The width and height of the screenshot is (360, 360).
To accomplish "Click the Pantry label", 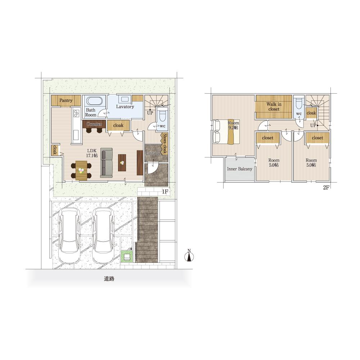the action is tap(66, 100).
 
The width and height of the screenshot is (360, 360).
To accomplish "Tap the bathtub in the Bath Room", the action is tap(94, 101).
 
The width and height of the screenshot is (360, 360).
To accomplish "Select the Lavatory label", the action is tap(125, 107).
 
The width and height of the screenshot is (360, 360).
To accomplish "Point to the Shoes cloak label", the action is tap(165, 143).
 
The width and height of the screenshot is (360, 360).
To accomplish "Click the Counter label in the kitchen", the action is tap(94, 124).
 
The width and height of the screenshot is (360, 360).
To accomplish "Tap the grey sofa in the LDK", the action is tap(107, 163).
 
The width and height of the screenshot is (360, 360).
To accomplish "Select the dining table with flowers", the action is tap(81, 170).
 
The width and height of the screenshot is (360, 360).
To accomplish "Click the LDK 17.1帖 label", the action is tap(92, 153).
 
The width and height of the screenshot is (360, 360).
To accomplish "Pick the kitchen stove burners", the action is tap(76, 113).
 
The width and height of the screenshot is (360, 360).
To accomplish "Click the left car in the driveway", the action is tap(69, 236).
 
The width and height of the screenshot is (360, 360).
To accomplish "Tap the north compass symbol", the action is tap(189, 256).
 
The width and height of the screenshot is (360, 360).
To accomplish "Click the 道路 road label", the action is tap(109, 279).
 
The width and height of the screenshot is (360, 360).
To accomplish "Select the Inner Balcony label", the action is tap(239, 169).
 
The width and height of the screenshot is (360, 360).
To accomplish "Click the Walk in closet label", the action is tap(274, 107).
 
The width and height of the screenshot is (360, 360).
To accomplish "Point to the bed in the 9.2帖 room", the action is tap(226, 132).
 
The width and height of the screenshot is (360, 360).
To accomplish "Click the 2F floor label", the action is tap(326, 188).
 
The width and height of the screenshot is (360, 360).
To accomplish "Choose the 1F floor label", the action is tap(165, 192).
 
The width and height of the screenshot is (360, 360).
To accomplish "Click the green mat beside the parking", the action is tap(127, 256).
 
